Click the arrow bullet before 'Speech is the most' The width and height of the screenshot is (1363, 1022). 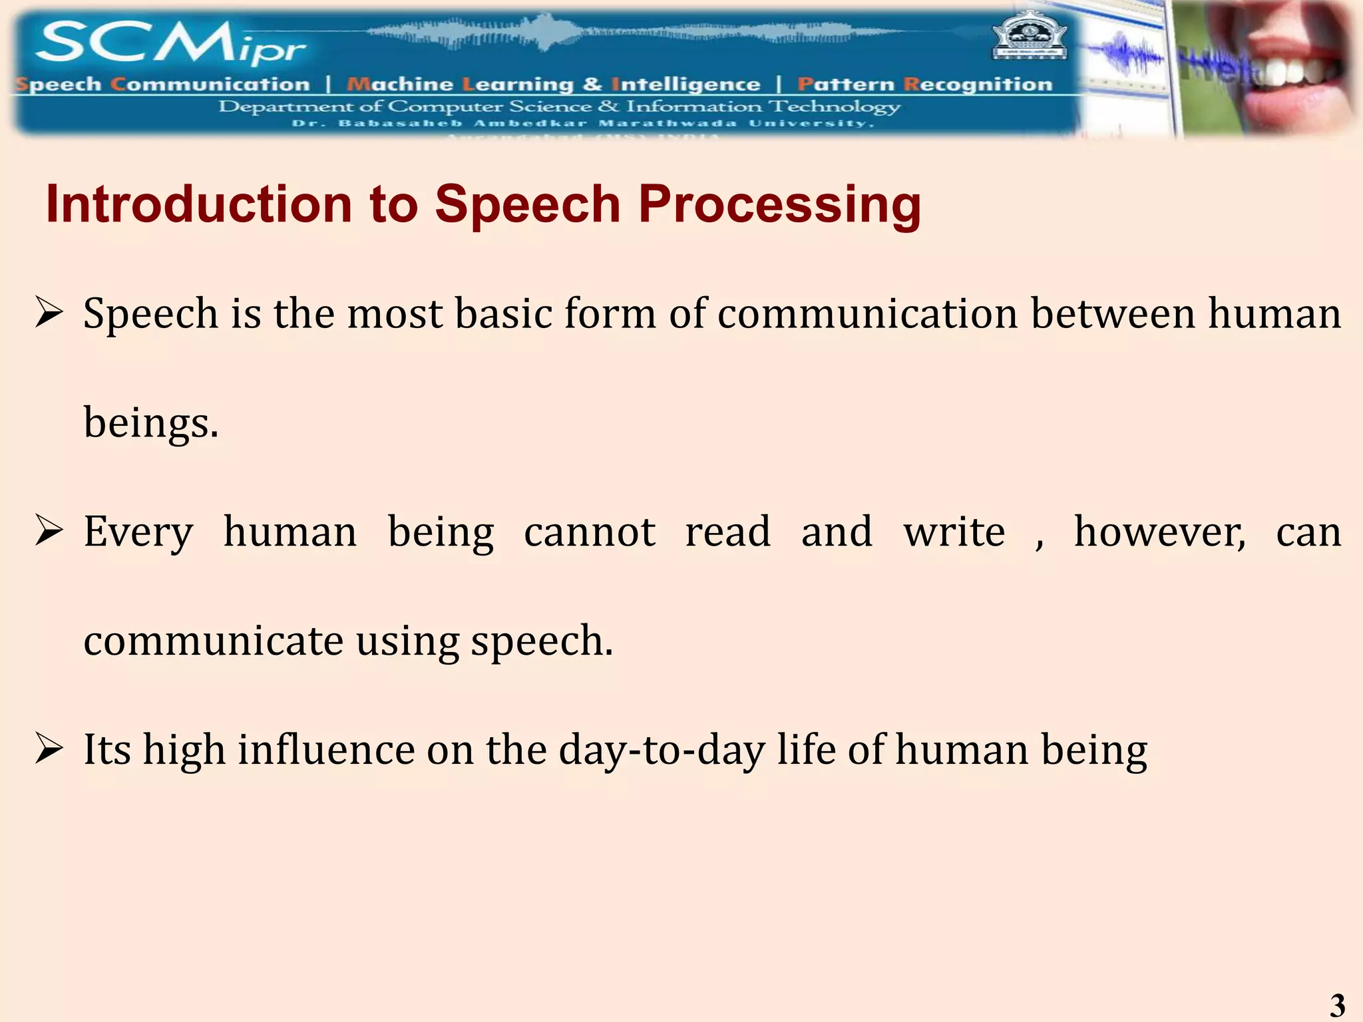click(x=49, y=313)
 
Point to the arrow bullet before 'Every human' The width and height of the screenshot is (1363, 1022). click(x=49, y=531)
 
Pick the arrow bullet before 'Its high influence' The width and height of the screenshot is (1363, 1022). click(x=49, y=749)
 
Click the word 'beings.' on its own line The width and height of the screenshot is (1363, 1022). click(x=151, y=423)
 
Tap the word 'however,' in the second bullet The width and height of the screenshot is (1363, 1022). click(x=1159, y=532)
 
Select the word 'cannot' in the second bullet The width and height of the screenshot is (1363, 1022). click(x=590, y=532)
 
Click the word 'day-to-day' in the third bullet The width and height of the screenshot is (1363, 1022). click(x=662, y=751)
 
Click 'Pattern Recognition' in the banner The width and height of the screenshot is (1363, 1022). click(x=925, y=85)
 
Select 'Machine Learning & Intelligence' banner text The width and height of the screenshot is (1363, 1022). click(x=553, y=85)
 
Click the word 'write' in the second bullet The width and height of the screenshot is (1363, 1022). click(x=954, y=532)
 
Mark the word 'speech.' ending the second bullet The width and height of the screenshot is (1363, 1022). click(x=542, y=641)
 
